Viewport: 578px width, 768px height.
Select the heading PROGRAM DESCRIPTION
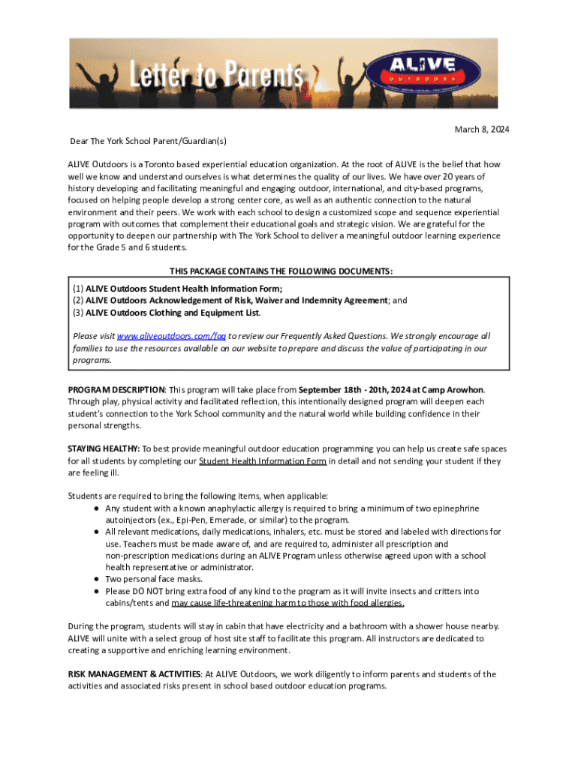[x=116, y=390]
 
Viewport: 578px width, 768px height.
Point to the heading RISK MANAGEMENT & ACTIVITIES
[x=133, y=674]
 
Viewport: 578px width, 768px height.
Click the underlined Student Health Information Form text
[x=262, y=461]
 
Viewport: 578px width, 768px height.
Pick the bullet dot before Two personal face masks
[x=98, y=580]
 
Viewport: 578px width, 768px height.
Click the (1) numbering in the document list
[x=77, y=289]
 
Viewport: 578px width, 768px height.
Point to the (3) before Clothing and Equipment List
[x=77, y=313]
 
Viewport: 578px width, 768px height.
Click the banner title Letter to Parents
[x=218, y=76]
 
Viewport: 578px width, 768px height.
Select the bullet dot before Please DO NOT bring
[x=98, y=592]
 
